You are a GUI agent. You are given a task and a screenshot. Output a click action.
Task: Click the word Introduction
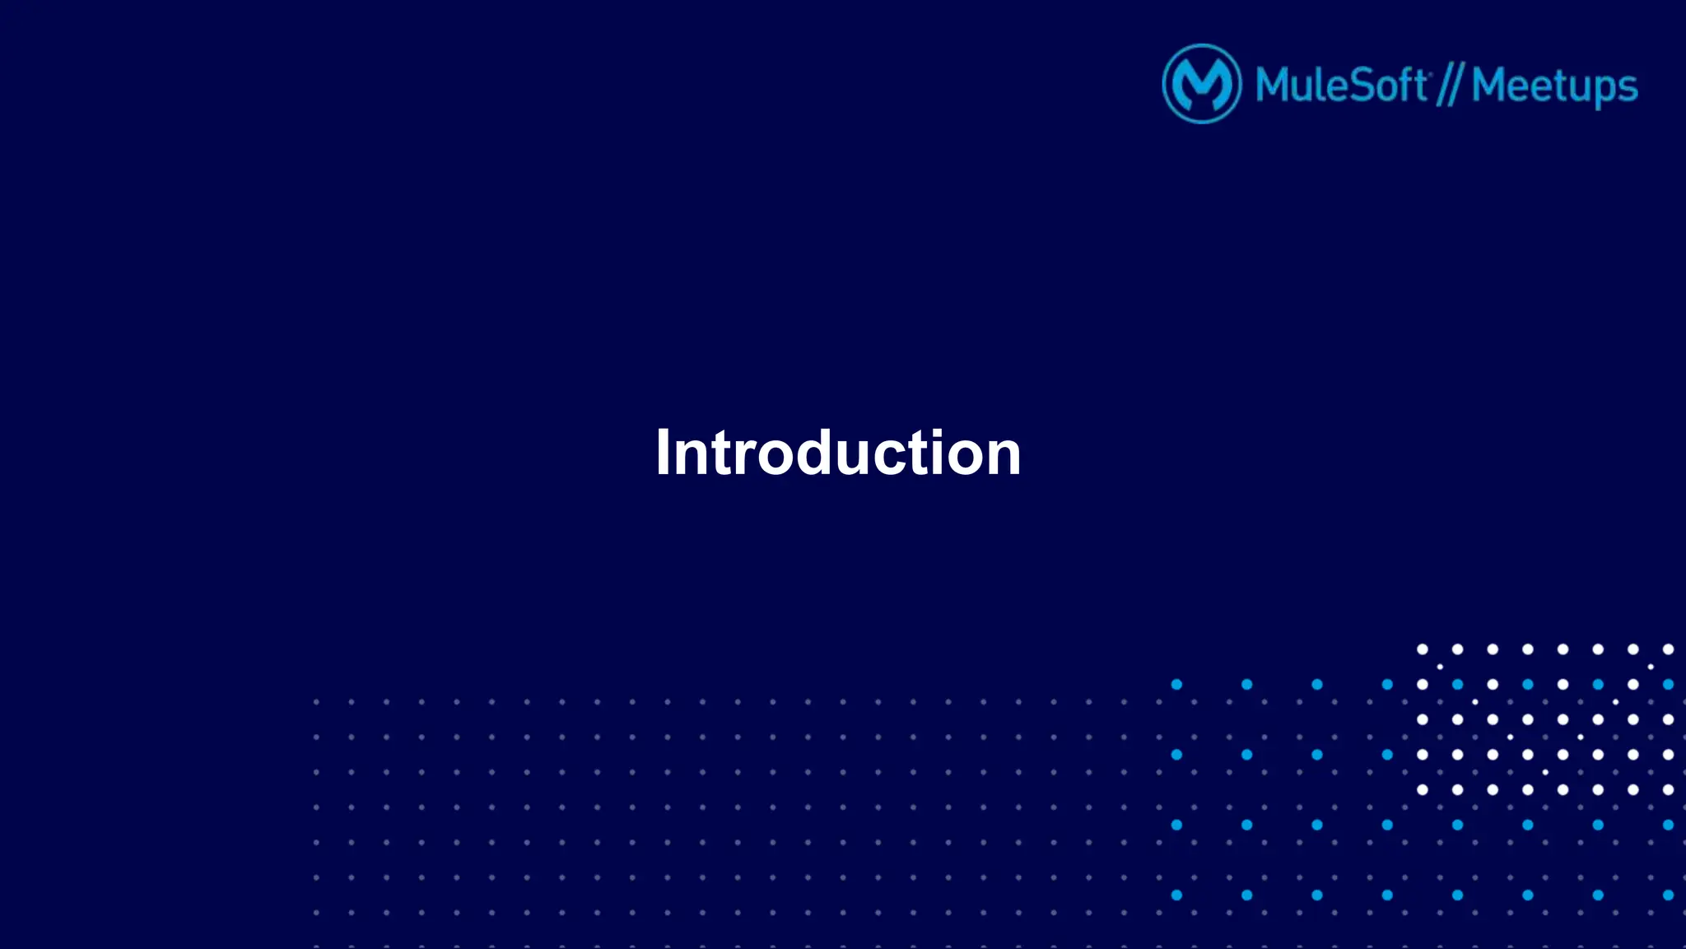tap(838, 453)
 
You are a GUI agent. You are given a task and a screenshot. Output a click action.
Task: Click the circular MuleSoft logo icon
tap(1201, 84)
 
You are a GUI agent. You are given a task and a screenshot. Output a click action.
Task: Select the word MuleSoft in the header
tap(1341, 86)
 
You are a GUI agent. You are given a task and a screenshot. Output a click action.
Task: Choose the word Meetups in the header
tap(1554, 86)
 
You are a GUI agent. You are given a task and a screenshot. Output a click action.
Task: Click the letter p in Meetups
tap(1601, 91)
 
